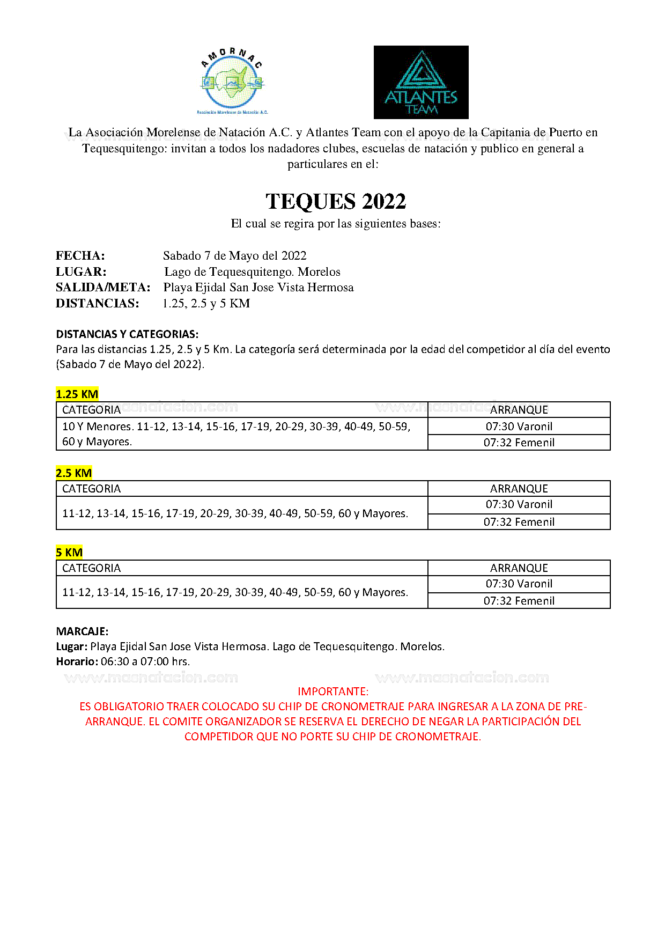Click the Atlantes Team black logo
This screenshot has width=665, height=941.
tap(421, 82)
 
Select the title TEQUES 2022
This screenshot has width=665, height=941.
tap(336, 202)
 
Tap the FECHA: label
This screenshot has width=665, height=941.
tap(80, 255)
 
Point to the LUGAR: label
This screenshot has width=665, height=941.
tap(81, 271)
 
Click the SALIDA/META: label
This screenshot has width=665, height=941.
tap(103, 288)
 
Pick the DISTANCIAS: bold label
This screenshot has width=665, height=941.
tap(97, 303)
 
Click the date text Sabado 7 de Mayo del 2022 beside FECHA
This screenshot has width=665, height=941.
tap(235, 255)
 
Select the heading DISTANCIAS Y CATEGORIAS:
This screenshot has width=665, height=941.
tap(127, 334)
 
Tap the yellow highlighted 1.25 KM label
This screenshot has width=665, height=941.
tap(77, 394)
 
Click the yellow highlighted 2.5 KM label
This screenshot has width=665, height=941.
tap(74, 473)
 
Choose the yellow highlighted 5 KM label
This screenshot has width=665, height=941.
tap(69, 553)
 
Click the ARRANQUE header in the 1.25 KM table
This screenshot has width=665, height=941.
tap(519, 410)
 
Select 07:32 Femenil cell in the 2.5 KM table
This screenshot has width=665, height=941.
tap(519, 522)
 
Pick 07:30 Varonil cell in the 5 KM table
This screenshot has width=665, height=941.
tap(519, 584)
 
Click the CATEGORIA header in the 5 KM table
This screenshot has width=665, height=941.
tap(92, 568)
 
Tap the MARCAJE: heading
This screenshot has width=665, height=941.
tap(82, 631)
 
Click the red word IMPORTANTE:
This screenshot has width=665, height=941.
tap(333, 692)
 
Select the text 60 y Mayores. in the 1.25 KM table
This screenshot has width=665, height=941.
tap(97, 442)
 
